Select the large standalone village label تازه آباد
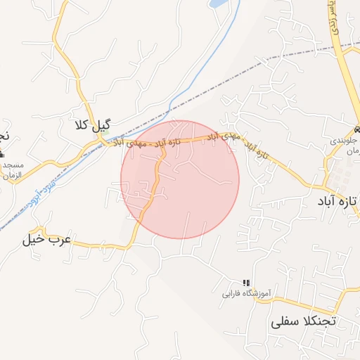click(337, 202)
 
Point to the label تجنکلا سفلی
click(304, 322)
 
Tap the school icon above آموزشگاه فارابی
click(246, 281)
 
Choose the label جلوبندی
click(344, 141)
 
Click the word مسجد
click(13, 165)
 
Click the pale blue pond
click(219, 4)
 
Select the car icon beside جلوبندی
click(357, 130)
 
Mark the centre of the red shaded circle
click(180, 179)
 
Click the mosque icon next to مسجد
click(2, 165)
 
